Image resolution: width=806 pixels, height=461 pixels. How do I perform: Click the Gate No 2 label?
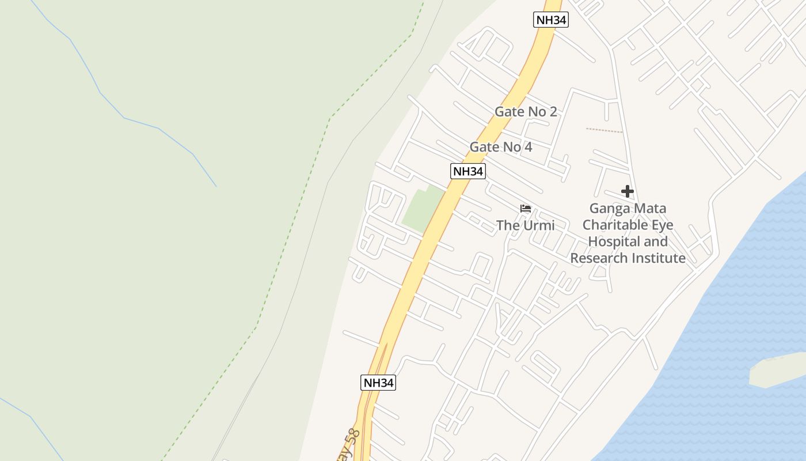tap(526, 112)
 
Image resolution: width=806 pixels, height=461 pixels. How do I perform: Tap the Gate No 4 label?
tap(500, 147)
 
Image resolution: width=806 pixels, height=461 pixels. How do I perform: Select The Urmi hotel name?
tap(525, 225)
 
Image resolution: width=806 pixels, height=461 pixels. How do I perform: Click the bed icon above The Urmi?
tap(525, 209)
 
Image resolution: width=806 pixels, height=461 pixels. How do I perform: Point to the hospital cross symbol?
tap(628, 191)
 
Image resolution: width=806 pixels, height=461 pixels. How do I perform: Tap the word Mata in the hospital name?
tap(650, 209)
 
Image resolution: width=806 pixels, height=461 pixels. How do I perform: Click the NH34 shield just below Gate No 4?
tap(467, 171)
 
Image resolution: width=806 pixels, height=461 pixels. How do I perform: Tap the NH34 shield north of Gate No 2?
tap(551, 20)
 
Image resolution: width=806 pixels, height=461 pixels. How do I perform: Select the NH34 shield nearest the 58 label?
tap(378, 383)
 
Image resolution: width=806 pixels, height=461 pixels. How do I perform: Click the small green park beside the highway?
tap(424, 208)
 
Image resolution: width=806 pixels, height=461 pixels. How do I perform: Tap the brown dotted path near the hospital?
tap(604, 130)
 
